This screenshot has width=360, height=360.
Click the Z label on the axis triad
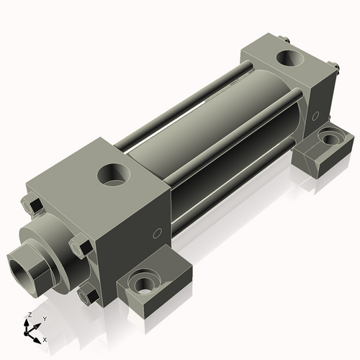[29, 315]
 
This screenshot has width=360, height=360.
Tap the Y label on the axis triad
[44, 318]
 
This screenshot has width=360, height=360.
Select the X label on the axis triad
[45, 338]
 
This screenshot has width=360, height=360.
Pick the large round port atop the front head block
[113, 174]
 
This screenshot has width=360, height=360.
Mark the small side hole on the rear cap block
[315, 115]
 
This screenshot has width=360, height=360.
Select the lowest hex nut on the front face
[89, 294]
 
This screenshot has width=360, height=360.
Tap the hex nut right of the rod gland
[79, 248]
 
